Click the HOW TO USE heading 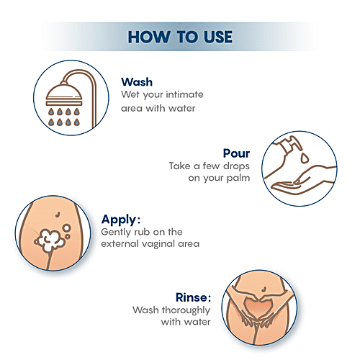pyautogui.click(x=179, y=35)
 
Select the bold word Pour pyautogui.click(x=237, y=153)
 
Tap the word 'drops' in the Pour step pyautogui.click(x=233, y=166)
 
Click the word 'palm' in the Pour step pyautogui.click(x=237, y=178)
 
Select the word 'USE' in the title pyautogui.click(x=212, y=35)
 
